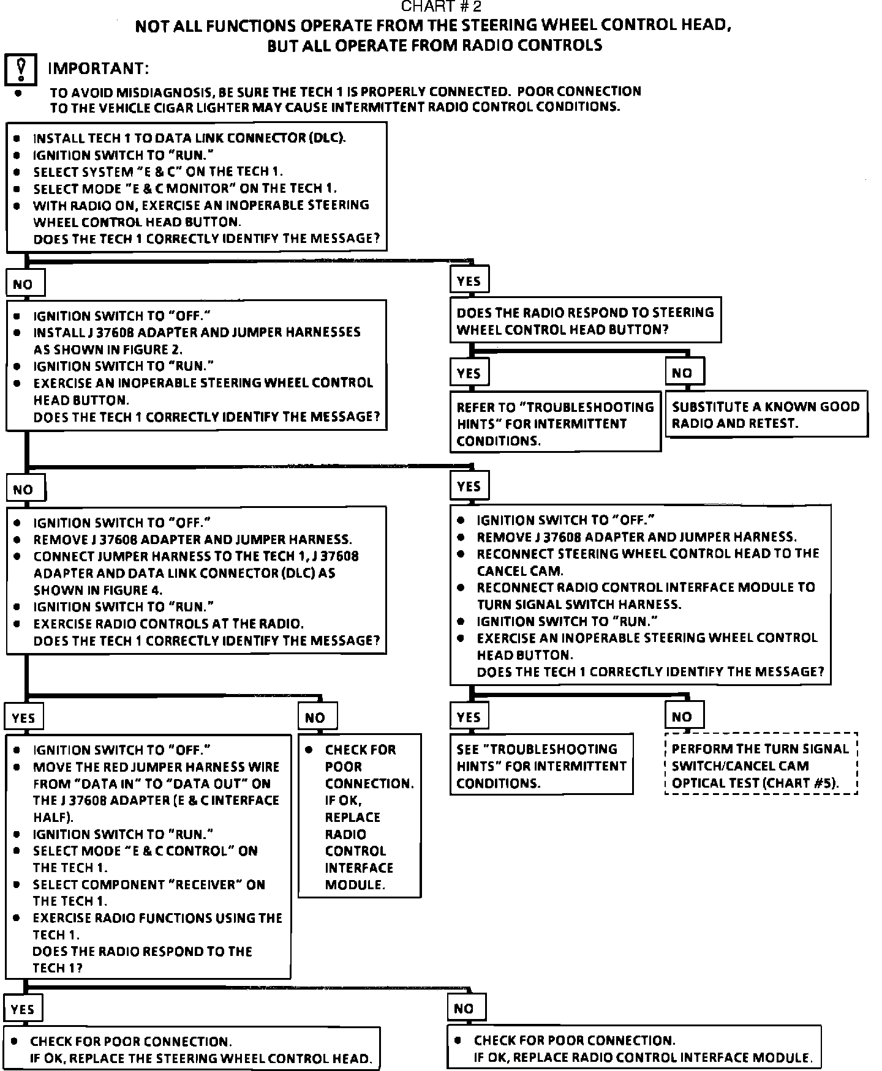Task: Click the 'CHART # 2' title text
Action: [441, 7]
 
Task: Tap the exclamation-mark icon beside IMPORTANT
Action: [21, 70]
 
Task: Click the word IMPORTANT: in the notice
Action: [98, 68]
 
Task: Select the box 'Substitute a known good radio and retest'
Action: [766, 414]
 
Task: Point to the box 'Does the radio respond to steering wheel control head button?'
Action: [586, 321]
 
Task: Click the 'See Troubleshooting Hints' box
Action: [541, 766]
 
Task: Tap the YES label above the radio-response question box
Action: [469, 281]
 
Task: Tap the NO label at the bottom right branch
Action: [464, 1008]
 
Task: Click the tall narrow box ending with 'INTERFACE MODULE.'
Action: [360, 816]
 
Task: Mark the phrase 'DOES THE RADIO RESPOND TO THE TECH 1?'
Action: [142, 960]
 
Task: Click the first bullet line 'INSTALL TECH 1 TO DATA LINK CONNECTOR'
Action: [189, 138]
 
